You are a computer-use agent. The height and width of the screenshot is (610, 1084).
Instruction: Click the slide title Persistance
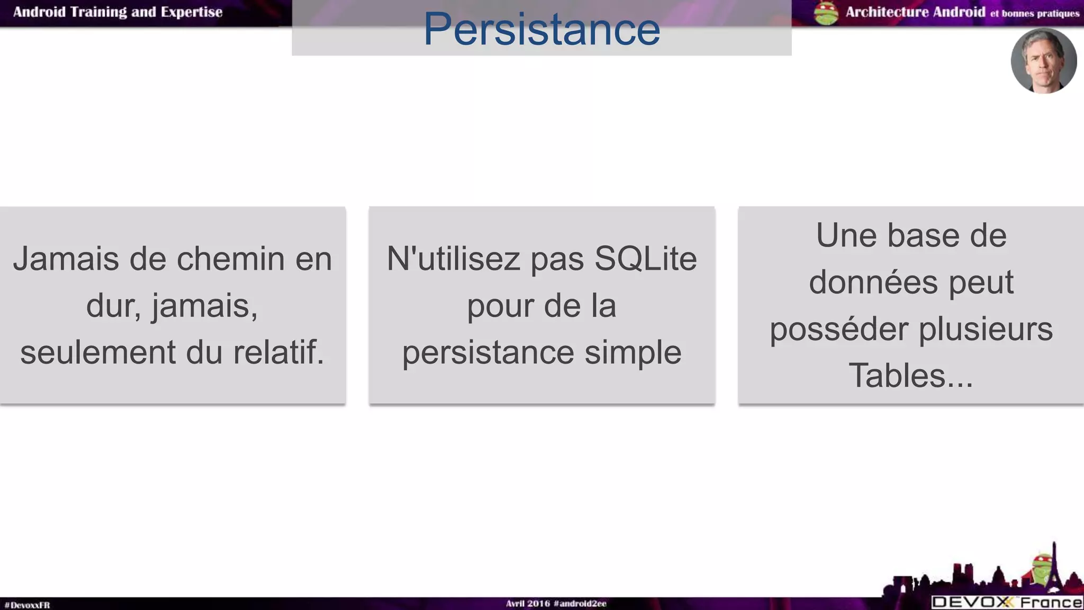[x=541, y=29]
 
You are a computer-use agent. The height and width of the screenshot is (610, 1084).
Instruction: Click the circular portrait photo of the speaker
[x=1043, y=61]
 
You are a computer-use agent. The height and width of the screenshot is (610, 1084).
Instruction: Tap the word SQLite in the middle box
[x=645, y=259]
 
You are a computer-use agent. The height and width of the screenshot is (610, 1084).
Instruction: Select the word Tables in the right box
[x=897, y=375]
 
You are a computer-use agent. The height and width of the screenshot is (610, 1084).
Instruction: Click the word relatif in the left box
[x=278, y=352]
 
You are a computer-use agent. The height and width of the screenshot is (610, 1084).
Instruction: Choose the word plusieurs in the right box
[x=986, y=329]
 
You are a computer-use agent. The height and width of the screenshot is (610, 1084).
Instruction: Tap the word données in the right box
[x=873, y=282]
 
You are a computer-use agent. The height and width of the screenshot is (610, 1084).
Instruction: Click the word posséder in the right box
[x=839, y=329]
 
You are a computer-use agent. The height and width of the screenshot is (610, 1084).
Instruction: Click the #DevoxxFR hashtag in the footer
[x=27, y=605]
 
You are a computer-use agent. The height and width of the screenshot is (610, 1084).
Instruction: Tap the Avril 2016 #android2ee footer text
[x=556, y=604]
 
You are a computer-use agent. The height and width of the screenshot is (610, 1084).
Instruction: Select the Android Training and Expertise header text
[x=118, y=12]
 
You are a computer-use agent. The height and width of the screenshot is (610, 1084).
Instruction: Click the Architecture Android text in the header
[x=915, y=12]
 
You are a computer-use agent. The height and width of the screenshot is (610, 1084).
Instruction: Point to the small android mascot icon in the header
[x=826, y=13]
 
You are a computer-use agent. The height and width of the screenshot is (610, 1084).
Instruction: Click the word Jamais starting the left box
[x=66, y=259]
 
